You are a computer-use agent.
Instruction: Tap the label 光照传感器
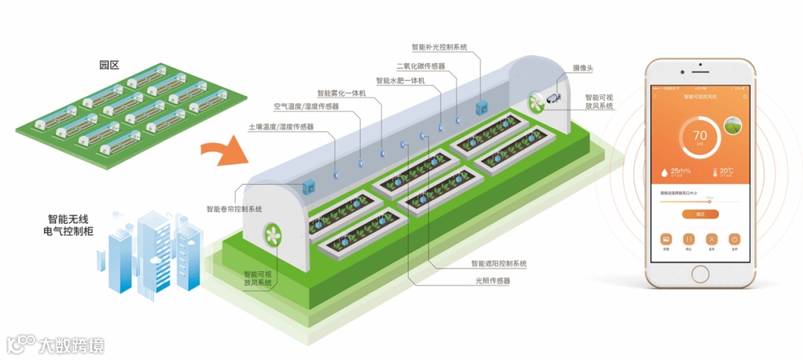[493, 280]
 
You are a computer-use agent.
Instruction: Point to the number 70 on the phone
[700, 135]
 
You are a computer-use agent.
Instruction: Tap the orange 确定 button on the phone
[700, 213]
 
